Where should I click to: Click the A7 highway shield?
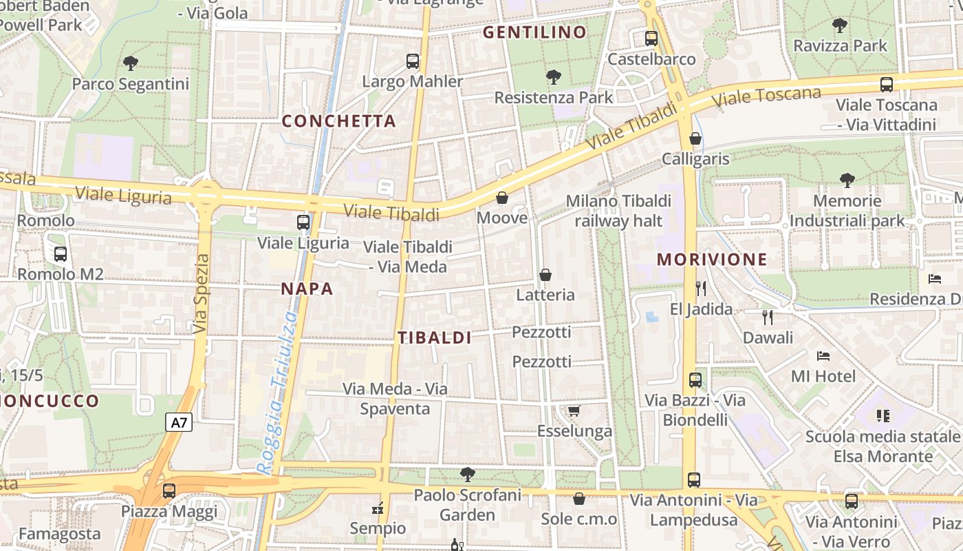coord(179,422)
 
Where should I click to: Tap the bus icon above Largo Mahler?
coord(413,61)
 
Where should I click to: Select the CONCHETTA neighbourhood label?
coord(339,121)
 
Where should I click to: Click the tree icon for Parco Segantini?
coord(131,63)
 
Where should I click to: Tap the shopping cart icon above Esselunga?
coord(574,411)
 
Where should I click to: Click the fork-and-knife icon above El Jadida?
coord(701,288)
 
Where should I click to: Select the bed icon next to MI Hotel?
coord(823,356)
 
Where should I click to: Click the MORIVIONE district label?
coord(712,260)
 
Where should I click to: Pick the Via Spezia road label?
coord(201,294)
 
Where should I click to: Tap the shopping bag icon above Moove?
coord(502,198)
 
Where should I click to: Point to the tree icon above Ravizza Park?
coord(839,25)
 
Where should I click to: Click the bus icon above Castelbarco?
coord(651,39)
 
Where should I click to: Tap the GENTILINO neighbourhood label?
coord(534,32)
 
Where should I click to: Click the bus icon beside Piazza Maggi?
coord(169,491)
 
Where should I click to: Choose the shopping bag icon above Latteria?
coord(545,275)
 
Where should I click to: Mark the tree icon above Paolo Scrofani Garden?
coord(468,474)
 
